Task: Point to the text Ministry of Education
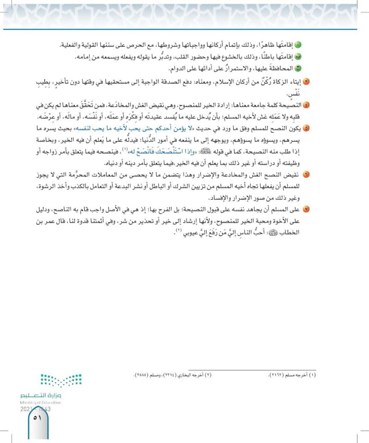(x=41, y=402)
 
